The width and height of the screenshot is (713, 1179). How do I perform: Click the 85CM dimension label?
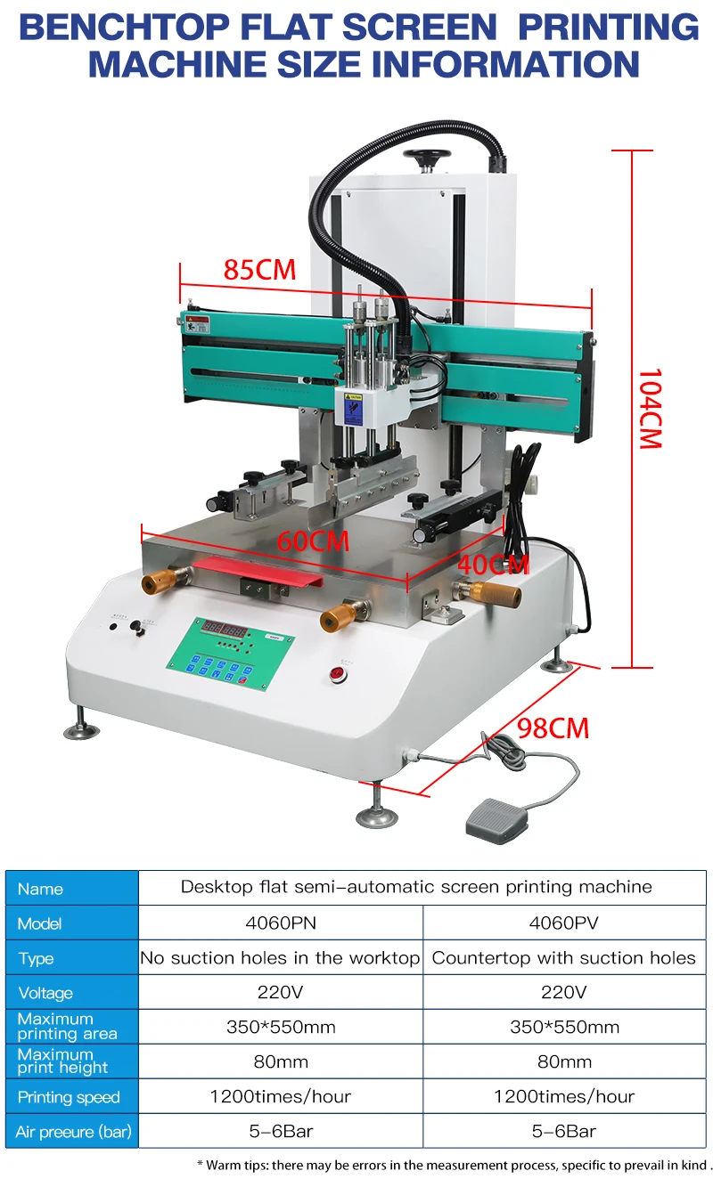pos(259,269)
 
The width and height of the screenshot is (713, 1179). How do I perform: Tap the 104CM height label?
pos(650,408)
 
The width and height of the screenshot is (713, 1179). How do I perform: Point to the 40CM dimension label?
pos(493,565)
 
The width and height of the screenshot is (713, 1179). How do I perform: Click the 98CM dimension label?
pos(553,728)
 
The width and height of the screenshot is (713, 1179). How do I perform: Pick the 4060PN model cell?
pos(280,923)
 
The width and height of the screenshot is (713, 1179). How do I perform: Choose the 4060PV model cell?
pos(563,923)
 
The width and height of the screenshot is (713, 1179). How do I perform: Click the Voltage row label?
pos(45,993)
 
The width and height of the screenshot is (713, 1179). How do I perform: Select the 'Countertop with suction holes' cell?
pos(563,958)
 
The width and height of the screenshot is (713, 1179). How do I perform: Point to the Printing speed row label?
pos(68,1097)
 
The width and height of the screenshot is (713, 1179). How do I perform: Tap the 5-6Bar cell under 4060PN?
pos(280,1132)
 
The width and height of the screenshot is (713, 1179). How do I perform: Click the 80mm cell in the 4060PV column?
pos(563,1062)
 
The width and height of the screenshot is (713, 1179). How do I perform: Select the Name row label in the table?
pos(40,889)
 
